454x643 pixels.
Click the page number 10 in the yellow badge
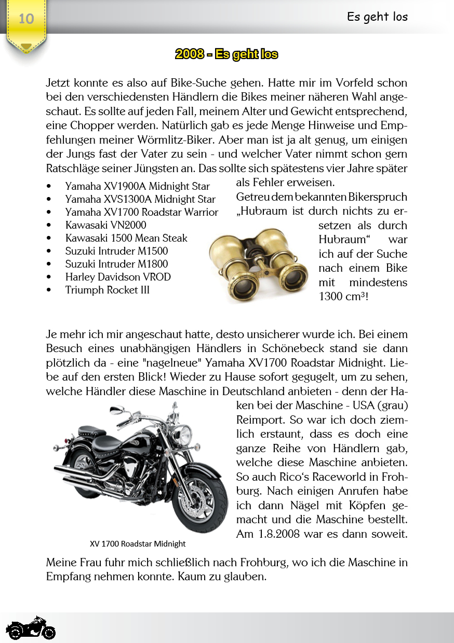tap(26, 19)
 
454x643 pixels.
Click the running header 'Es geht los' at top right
tap(377, 17)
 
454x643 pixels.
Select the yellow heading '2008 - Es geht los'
tap(226, 54)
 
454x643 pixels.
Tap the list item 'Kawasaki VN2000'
tap(105, 225)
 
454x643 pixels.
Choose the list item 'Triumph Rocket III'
tap(107, 290)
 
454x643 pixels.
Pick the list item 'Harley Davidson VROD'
tap(118, 277)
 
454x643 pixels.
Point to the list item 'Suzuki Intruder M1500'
tap(116, 251)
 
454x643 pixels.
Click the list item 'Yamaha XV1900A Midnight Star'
tap(137, 186)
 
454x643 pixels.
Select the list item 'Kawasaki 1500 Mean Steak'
tap(126, 238)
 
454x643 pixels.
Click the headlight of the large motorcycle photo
tap(182, 434)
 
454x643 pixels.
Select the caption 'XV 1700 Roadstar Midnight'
tap(137, 544)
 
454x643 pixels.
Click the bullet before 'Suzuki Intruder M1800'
tap(49, 264)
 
